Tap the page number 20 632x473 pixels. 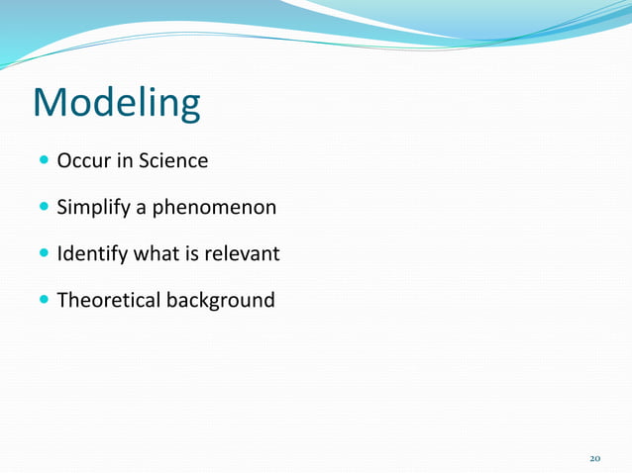point(595,458)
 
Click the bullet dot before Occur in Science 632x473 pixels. point(44,160)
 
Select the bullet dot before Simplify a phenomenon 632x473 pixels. point(44,208)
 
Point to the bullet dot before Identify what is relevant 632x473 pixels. point(44,254)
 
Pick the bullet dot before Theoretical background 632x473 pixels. point(44,301)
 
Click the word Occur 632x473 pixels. point(82,160)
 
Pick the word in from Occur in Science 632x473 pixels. point(123,160)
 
